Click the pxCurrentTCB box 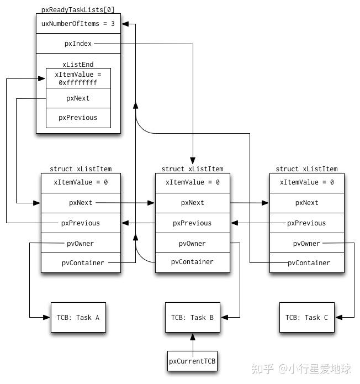coord(192,361)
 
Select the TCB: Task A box coord(78,317)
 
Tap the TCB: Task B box coord(192,317)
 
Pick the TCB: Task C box coord(306,317)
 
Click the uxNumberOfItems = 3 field coord(78,24)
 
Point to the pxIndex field coord(78,44)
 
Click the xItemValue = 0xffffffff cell coord(78,78)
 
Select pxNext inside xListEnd coord(78,98)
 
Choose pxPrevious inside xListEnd coord(78,117)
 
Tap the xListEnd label coord(78,64)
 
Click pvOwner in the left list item coord(80,243)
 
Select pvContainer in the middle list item coord(192,262)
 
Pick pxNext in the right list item coord(306,203)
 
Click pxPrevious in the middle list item coord(192,223)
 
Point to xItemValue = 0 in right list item coord(306,182)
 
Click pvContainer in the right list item coord(308,263)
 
